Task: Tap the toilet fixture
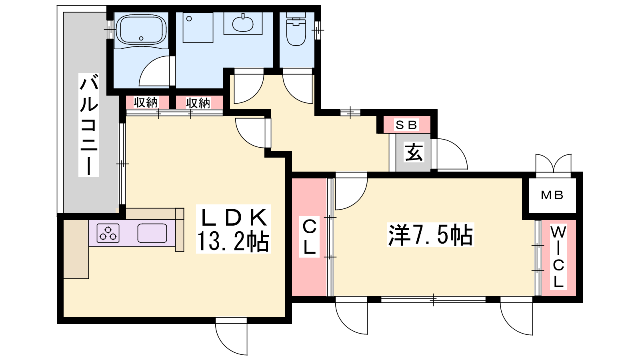click(x=296, y=28)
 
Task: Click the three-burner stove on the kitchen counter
click(x=108, y=233)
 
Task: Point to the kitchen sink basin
click(x=152, y=233)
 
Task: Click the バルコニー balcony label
click(x=89, y=125)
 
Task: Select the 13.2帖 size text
click(x=233, y=242)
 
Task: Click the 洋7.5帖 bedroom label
click(x=430, y=235)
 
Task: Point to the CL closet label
click(x=309, y=237)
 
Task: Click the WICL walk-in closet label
click(x=558, y=257)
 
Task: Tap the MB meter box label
click(x=552, y=195)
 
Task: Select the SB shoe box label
click(x=406, y=125)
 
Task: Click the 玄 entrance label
click(x=414, y=152)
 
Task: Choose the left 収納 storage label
click(x=146, y=102)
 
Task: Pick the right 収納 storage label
click(x=198, y=103)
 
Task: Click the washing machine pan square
click(x=198, y=28)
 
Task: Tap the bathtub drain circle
click(x=141, y=38)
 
